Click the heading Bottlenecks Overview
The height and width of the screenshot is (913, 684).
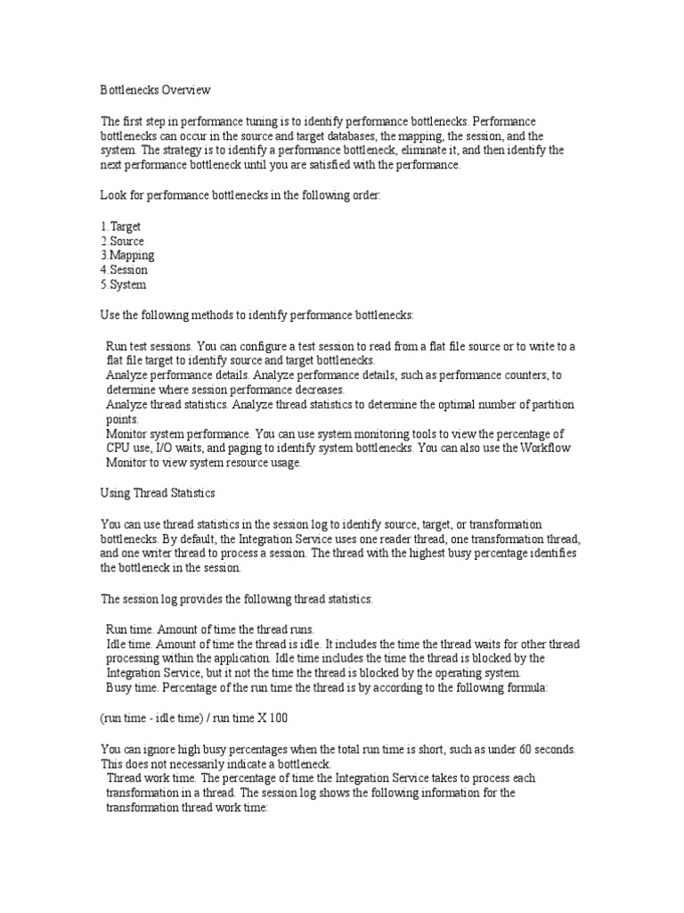(156, 90)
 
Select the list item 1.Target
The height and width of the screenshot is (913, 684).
(120, 226)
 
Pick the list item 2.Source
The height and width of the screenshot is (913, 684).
(122, 241)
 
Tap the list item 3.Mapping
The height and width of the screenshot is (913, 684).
(126, 255)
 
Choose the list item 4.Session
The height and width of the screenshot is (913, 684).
(124, 269)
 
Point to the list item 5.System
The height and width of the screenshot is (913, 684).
(123, 284)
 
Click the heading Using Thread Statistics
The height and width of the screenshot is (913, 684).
(158, 492)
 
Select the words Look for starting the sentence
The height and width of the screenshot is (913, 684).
(122, 194)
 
